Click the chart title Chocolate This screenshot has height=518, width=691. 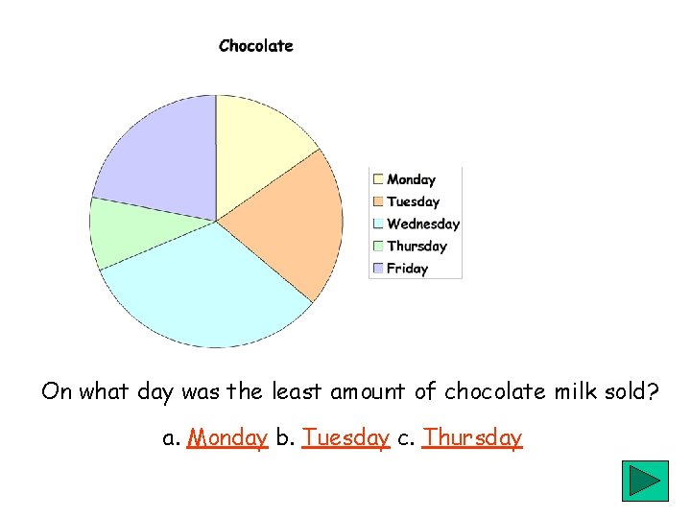click(255, 46)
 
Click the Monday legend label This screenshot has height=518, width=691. click(411, 179)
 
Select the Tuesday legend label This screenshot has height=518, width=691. click(413, 201)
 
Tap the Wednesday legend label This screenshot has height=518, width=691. click(423, 224)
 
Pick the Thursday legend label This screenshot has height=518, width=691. click(417, 247)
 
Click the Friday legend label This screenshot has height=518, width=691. click(407, 269)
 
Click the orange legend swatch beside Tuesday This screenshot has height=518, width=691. click(378, 201)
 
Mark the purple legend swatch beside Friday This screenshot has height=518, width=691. click(378, 269)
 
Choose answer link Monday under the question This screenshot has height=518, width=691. click(227, 438)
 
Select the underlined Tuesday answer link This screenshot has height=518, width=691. click(345, 438)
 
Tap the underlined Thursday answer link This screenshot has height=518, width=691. click(472, 438)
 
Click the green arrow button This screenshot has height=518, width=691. click(645, 481)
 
